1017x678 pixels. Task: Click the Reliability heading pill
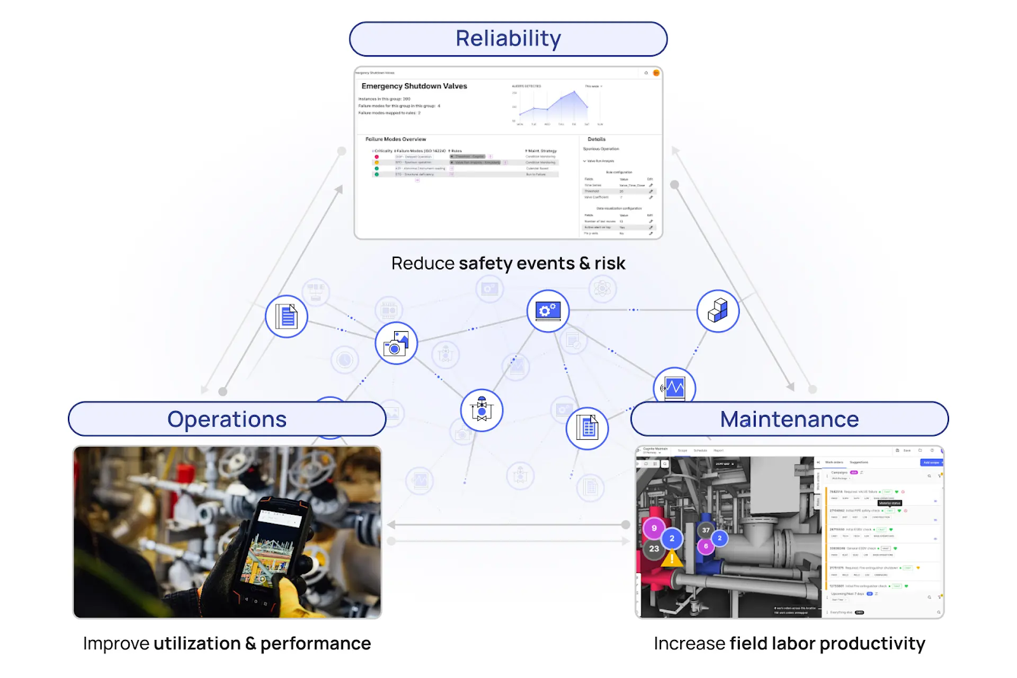[508, 39]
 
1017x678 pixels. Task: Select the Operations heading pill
[227, 419]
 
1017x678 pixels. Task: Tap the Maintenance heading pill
[789, 419]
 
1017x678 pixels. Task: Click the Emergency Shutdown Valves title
[414, 86]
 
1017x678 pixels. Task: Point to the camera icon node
[396, 344]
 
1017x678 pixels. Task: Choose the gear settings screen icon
[548, 311]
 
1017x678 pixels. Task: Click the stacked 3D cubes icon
[718, 311]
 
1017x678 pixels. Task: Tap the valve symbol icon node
[482, 410]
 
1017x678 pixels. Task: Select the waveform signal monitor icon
[674, 387]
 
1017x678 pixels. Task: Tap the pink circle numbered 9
[654, 528]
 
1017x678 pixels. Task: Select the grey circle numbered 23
[654, 549]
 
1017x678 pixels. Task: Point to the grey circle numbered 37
[706, 530]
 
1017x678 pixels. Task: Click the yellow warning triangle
[672, 559]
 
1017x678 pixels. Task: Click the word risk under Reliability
[610, 264]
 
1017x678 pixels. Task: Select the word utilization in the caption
[197, 644]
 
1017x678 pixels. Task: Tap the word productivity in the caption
[872, 644]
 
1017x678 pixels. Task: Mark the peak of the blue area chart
[575, 92]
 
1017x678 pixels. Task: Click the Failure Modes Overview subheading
[395, 139]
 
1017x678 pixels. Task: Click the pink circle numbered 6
[706, 546]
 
